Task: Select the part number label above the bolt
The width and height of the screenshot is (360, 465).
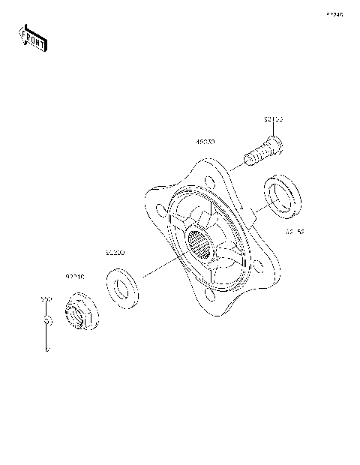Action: tap(274, 119)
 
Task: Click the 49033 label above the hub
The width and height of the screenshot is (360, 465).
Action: tap(205, 141)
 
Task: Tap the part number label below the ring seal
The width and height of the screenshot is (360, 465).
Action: tap(294, 232)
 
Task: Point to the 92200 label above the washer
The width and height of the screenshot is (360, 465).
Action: tap(115, 252)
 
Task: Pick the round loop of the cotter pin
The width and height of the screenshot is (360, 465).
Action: tap(46, 320)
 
